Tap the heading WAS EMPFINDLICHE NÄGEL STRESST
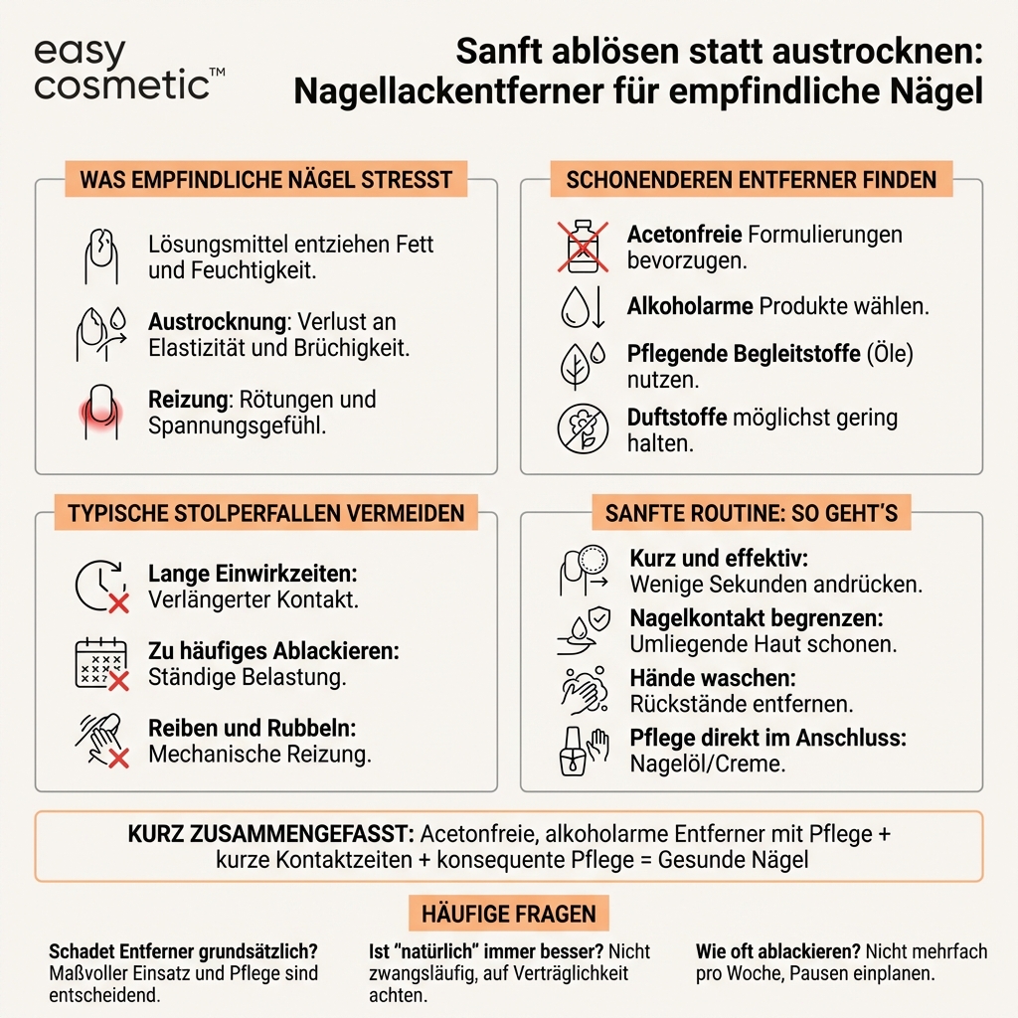click(266, 180)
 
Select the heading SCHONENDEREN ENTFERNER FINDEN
click(751, 180)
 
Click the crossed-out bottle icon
click(582, 247)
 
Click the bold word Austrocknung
click(210, 322)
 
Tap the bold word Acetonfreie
click(684, 235)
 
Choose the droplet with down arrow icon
click(582, 307)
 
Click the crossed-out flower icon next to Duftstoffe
click(582, 429)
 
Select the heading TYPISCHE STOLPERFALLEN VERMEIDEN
click(265, 514)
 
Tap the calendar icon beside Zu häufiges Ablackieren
click(101, 663)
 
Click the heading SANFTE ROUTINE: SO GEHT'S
click(751, 514)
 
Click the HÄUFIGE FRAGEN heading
click(508, 914)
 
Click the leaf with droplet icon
click(582, 365)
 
